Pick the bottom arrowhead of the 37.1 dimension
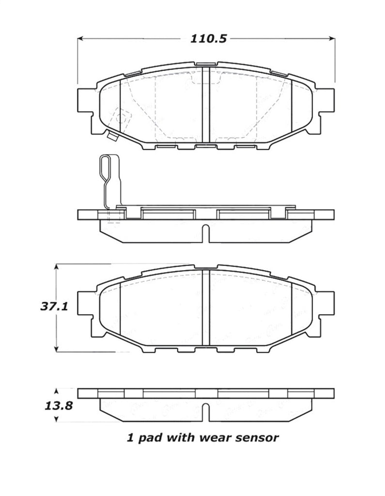57,349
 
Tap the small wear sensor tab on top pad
112,137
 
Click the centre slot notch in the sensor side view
206,232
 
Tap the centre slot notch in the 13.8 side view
206,412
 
